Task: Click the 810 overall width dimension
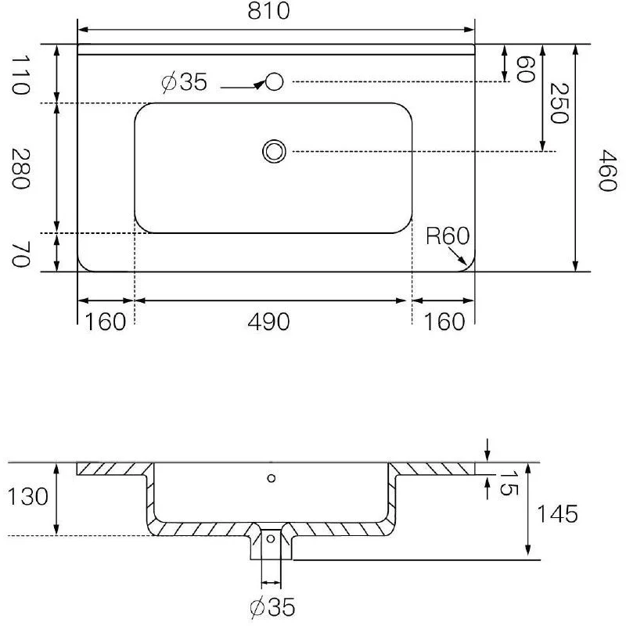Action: click(x=268, y=11)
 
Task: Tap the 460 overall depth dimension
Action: click(x=608, y=171)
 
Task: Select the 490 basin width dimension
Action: click(x=268, y=322)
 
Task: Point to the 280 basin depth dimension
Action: click(x=20, y=168)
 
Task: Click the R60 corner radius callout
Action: click(x=447, y=236)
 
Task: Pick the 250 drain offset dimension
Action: click(x=559, y=103)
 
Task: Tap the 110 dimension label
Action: click(x=20, y=74)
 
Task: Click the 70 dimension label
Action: click(x=20, y=255)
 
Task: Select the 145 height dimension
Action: click(x=557, y=514)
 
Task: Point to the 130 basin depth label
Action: click(x=28, y=497)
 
